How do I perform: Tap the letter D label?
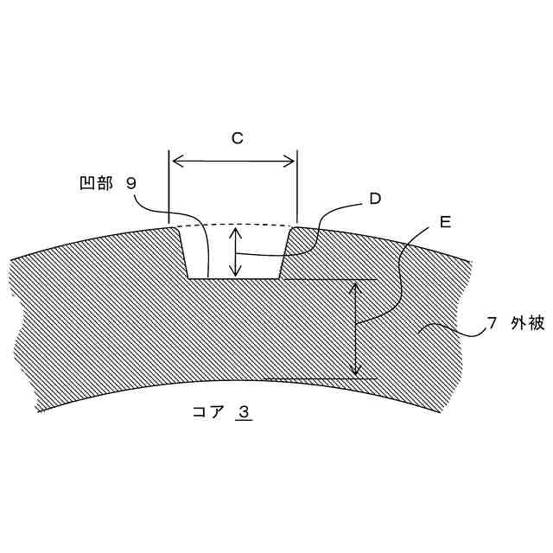pyautogui.click(x=375, y=199)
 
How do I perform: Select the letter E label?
pyautogui.click(x=445, y=223)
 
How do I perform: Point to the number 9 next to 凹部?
pyautogui.click(x=130, y=183)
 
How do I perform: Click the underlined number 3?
pyautogui.click(x=245, y=412)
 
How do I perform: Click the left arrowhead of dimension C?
pyautogui.click(x=175, y=160)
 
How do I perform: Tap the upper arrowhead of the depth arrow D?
pyautogui.click(x=234, y=229)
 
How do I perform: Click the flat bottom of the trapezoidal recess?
pyautogui.click(x=233, y=278)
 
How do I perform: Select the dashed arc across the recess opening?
pyautogui.click(x=233, y=224)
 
